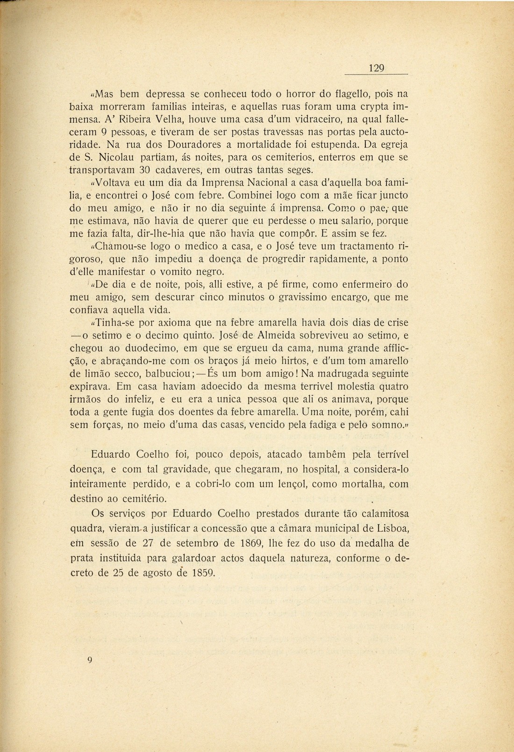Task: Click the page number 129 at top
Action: coord(376,68)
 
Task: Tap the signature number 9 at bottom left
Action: coord(90,660)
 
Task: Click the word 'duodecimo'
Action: coord(140,348)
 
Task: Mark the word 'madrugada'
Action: coord(342,374)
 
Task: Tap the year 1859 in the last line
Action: coord(203,573)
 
